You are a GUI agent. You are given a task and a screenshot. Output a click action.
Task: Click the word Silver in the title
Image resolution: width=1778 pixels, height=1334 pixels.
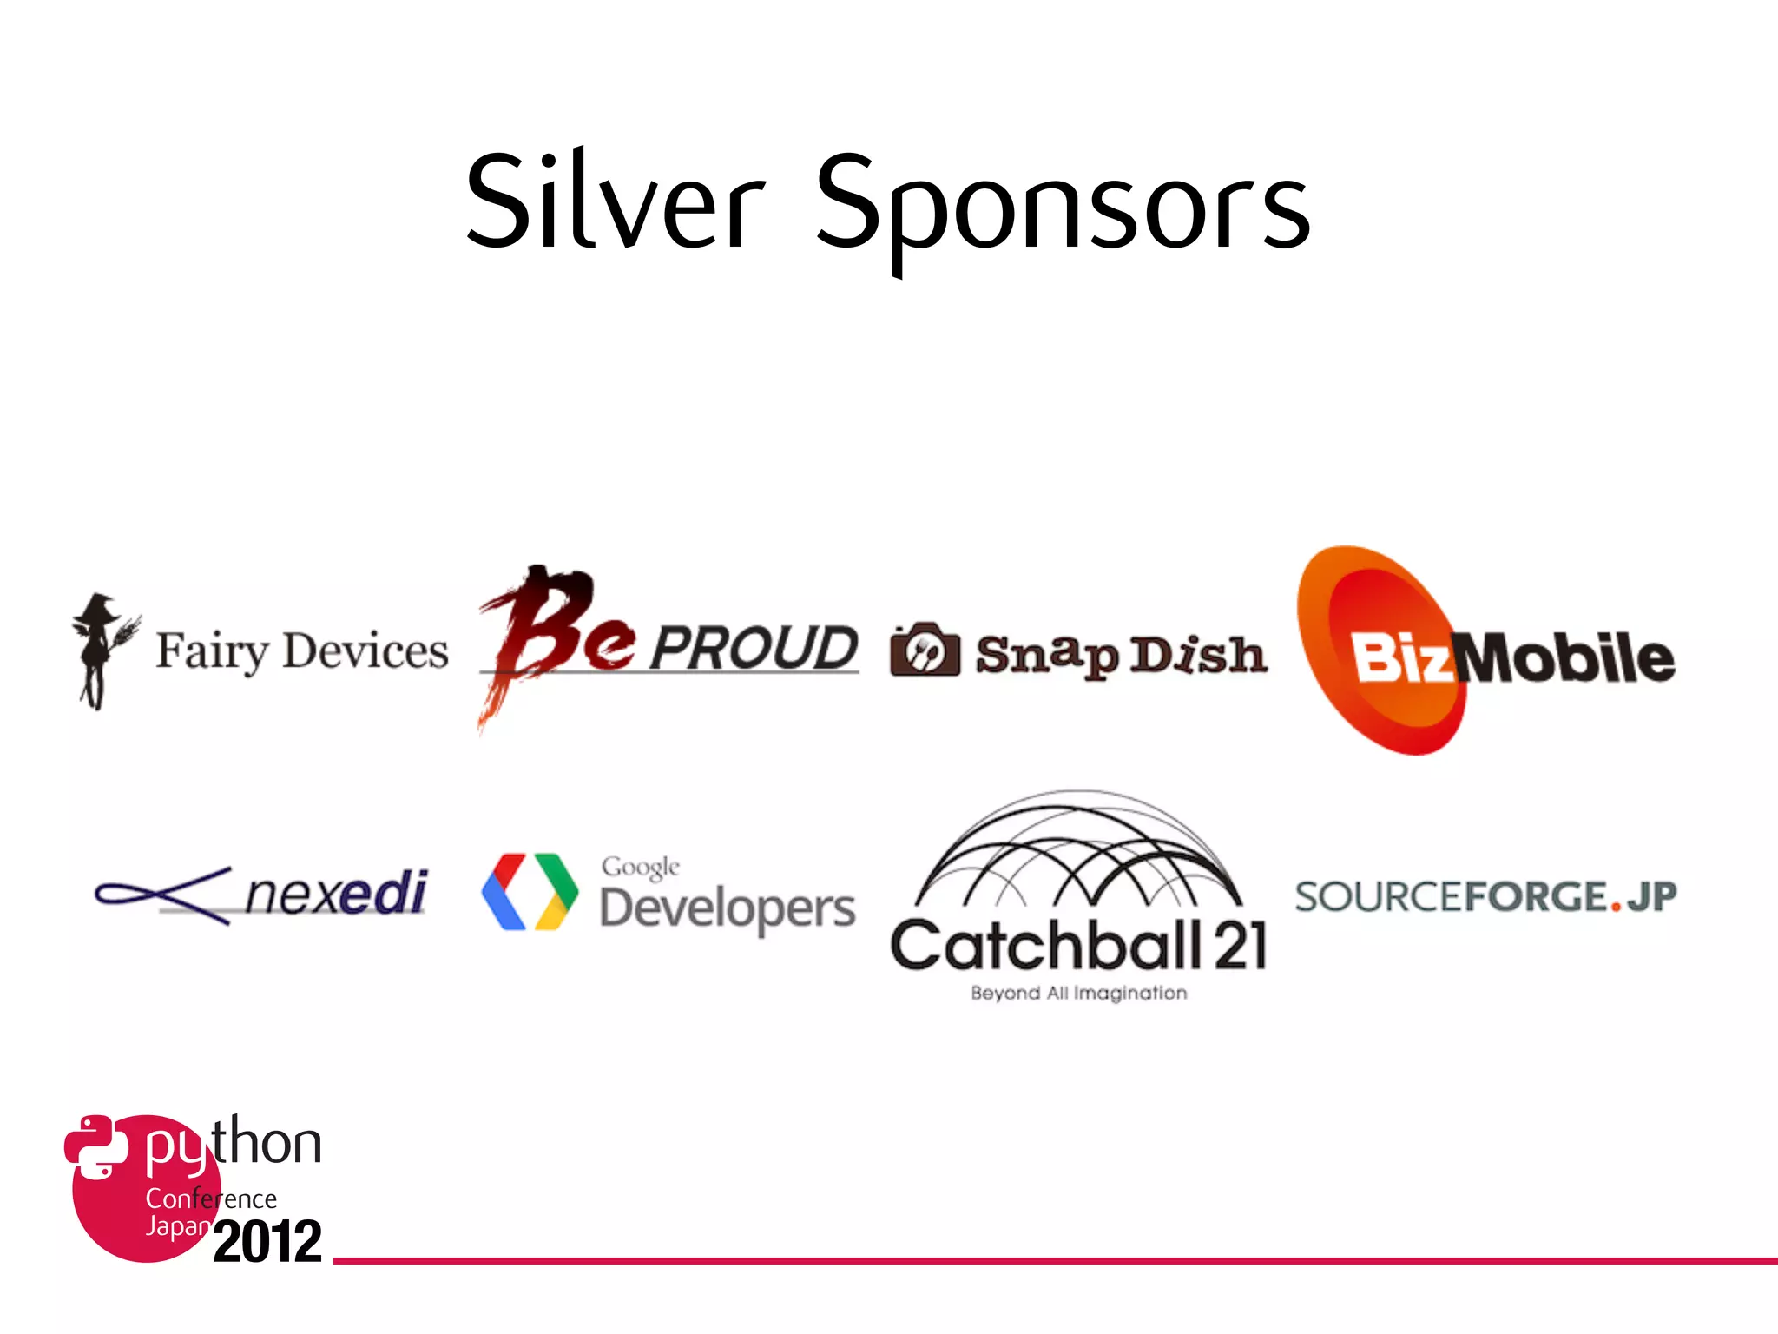(615, 201)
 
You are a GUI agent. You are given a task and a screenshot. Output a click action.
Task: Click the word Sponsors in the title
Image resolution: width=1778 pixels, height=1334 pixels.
(1063, 207)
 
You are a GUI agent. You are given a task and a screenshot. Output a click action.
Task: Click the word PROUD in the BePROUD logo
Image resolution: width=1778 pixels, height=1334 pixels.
(754, 648)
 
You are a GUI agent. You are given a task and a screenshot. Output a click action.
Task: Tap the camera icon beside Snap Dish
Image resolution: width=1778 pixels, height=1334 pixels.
(925, 650)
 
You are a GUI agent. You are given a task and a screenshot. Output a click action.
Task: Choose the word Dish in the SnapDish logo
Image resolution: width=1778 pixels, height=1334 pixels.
(1198, 655)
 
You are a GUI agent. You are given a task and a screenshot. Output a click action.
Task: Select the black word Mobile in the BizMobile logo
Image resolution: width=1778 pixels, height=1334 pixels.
(1567, 657)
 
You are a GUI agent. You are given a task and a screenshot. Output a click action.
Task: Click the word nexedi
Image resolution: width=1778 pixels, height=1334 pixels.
(337, 893)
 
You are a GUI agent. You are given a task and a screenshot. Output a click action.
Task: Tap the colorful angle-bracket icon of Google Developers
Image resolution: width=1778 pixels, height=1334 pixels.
(530, 892)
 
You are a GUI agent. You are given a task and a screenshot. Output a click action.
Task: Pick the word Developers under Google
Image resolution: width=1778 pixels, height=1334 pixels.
(728, 909)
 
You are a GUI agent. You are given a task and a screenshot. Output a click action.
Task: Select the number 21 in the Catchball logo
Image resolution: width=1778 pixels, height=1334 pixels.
(1241, 947)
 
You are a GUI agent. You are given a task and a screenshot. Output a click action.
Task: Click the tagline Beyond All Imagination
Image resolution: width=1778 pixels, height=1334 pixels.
(1078, 993)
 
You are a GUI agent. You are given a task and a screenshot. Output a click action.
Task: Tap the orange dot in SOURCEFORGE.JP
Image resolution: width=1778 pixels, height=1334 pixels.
(1616, 908)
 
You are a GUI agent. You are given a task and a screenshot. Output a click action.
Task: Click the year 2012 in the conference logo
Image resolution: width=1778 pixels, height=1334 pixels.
(267, 1241)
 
